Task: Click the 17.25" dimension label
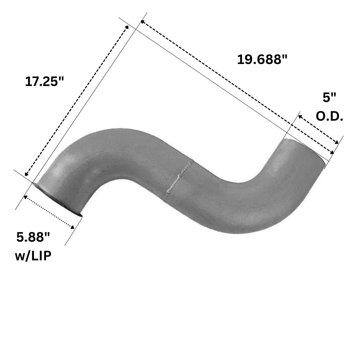click(44, 82)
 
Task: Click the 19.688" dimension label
click(262, 60)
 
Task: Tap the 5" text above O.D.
click(329, 98)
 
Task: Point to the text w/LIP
click(33, 256)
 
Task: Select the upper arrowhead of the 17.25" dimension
click(127, 27)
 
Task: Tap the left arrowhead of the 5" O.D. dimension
click(300, 116)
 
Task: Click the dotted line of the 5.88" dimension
click(49, 212)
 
